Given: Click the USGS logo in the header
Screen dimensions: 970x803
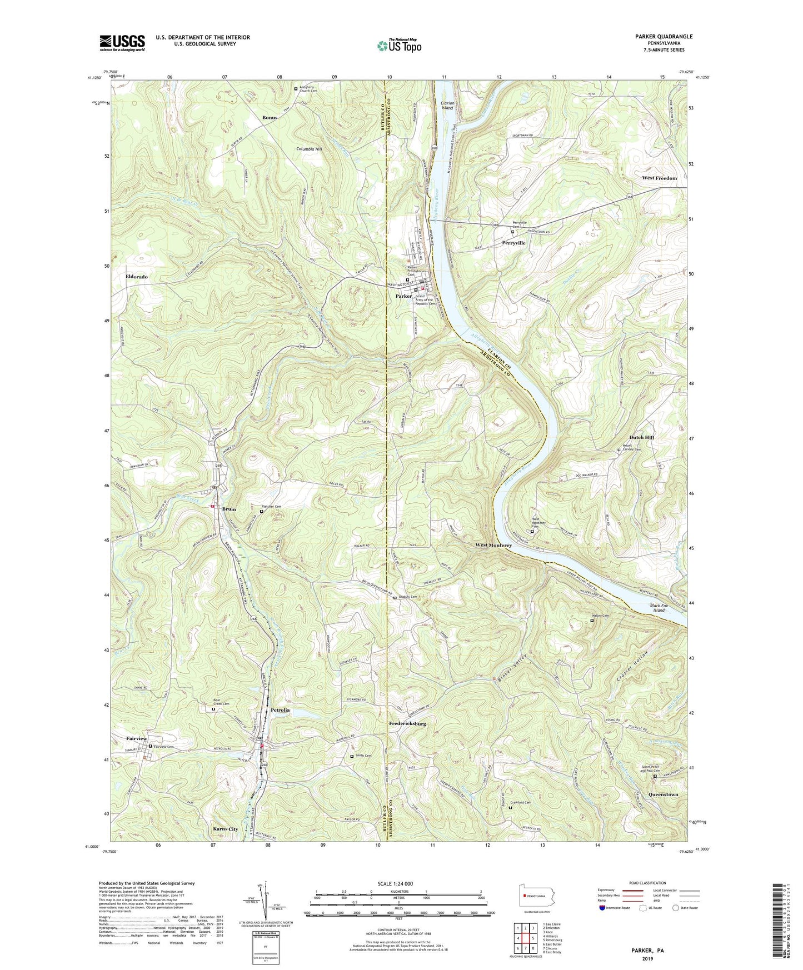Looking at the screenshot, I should click(x=122, y=43).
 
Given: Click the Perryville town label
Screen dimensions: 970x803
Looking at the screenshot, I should click(x=513, y=243).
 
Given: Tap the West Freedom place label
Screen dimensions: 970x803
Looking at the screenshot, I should click(x=659, y=178).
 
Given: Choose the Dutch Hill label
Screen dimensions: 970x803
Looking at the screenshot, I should click(x=641, y=437).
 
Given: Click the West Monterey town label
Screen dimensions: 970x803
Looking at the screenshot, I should click(x=493, y=545).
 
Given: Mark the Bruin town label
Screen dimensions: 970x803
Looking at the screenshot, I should click(x=229, y=509).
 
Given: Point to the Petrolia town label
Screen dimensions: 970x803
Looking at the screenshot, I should click(x=280, y=710).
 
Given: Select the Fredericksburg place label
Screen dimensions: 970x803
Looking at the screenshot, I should click(x=407, y=724).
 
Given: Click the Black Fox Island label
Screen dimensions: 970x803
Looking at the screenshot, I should click(x=659, y=608).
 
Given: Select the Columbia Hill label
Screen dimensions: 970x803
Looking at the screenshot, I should click(x=309, y=149).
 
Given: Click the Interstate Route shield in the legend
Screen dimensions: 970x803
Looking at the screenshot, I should click(x=602, y=908).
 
